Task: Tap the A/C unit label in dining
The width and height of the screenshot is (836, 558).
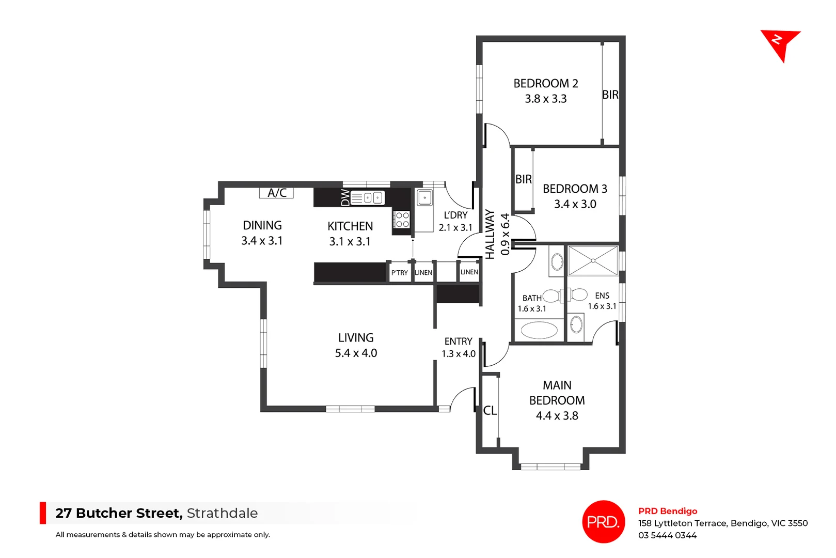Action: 277,193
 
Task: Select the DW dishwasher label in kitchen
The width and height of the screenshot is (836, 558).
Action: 345,197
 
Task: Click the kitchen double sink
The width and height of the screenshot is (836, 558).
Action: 368,197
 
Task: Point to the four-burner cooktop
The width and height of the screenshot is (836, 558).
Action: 402,220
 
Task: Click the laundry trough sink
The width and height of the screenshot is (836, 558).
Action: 425,197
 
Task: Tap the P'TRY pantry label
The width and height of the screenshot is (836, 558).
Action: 399,273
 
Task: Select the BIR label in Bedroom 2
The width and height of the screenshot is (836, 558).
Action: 610,95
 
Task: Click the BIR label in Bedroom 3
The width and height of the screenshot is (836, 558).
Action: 524,179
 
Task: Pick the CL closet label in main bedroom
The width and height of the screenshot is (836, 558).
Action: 490,411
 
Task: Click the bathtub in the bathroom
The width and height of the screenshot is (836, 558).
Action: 539,330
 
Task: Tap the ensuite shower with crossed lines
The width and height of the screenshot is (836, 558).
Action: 593,261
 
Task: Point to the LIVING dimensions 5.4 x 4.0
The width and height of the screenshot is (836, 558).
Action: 356,353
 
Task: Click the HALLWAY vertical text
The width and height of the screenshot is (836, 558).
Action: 490,234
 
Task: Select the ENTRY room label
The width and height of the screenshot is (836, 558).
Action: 459,342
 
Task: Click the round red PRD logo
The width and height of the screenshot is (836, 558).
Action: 604,522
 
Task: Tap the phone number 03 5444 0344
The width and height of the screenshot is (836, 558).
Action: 667,536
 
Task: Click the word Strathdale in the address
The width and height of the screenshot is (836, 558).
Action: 222,513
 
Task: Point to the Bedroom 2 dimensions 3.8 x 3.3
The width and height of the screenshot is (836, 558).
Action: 546,99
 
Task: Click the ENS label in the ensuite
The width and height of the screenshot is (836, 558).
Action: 602,296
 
